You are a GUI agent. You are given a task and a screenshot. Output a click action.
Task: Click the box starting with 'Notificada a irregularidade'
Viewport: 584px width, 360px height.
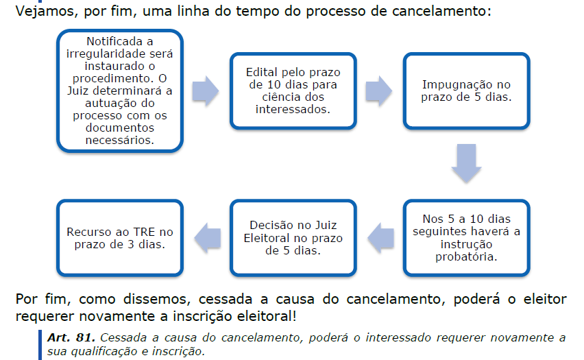tap(120, 91)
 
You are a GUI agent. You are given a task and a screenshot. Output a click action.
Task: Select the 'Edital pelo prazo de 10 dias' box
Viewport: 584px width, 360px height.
tap(293, 91)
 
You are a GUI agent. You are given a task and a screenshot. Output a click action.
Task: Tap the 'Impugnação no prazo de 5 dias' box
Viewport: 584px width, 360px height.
tap(466, 91)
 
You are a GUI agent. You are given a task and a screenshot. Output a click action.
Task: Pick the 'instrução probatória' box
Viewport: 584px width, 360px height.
tap(466, 237)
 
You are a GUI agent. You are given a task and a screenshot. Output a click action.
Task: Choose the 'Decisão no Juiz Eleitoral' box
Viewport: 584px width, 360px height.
tap(293, 237)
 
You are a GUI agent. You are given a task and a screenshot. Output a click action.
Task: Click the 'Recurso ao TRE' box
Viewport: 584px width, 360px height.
tap(120, 237)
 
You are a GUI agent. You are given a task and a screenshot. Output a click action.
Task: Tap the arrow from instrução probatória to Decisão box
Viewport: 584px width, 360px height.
tap(379, 237)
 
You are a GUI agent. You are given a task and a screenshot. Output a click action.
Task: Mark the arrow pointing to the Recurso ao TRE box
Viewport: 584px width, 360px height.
tap(206, 237)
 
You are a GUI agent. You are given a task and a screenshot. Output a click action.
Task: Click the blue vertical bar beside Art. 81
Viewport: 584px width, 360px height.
tap(40, 345)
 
